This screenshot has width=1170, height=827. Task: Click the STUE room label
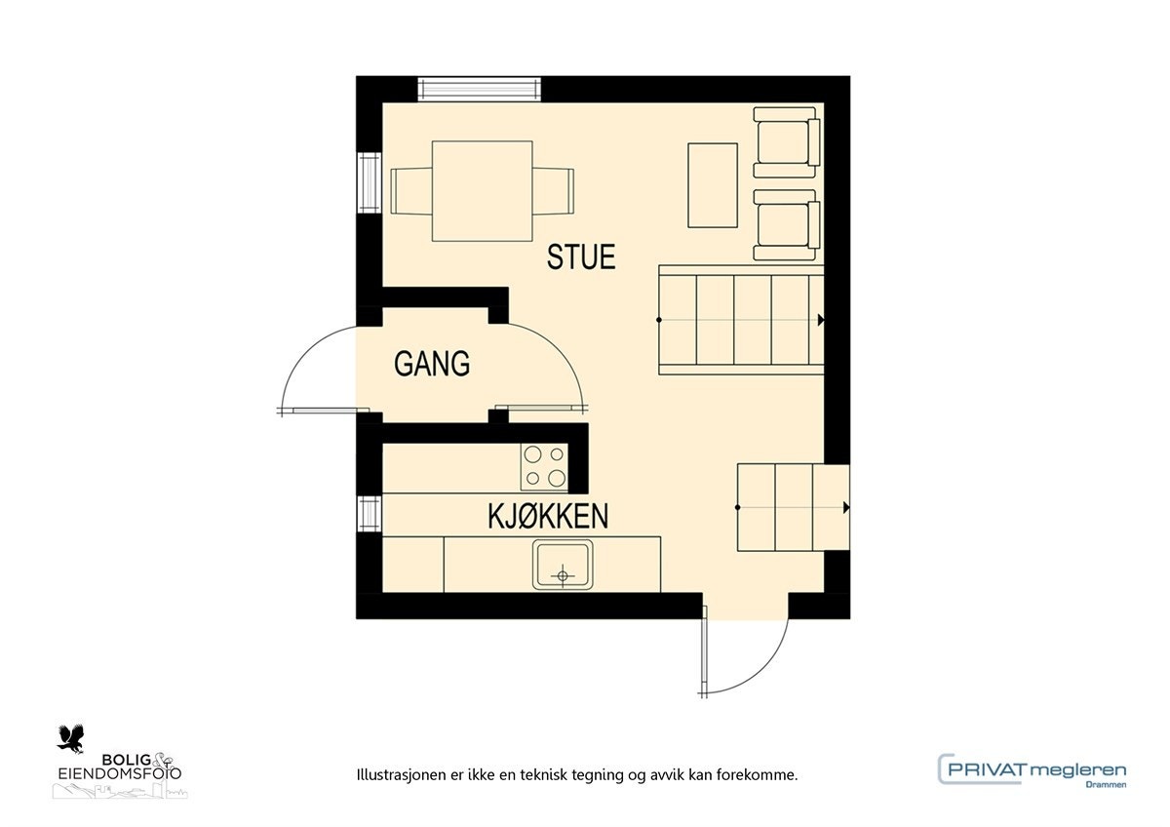581,257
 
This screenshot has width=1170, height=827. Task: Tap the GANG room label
432,364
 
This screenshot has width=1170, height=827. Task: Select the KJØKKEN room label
548,517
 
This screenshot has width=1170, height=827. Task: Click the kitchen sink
562,565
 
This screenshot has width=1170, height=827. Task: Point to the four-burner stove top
544,465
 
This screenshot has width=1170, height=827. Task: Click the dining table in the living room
484,190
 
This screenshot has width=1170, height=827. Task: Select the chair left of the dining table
410,190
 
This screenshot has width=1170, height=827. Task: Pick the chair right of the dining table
554,190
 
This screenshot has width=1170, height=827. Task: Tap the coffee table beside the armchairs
713,185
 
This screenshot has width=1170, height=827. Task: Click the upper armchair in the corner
786,141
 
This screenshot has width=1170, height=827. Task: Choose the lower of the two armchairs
786,224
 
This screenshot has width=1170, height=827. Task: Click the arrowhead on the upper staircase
822,320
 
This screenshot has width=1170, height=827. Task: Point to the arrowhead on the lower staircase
845,508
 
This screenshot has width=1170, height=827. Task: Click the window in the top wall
479,89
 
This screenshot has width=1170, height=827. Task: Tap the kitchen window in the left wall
369,513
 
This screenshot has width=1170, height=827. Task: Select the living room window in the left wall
369,182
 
